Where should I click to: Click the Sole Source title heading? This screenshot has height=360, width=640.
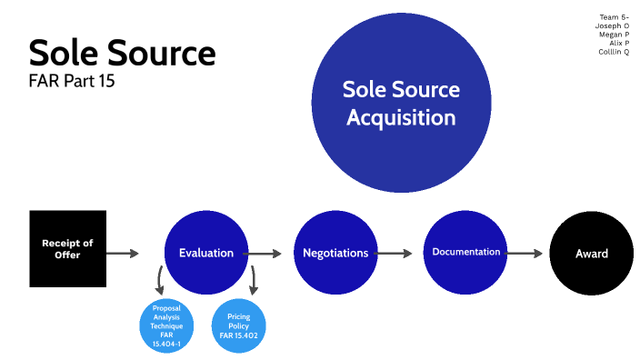point(122,53)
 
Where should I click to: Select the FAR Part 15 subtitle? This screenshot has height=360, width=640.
point(72,80)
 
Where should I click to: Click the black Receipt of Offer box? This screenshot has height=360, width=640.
point(68,249)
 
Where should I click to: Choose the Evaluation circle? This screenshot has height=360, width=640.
point(206,253)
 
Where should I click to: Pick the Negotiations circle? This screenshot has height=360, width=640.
point(335,253)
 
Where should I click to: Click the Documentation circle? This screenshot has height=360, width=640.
point(465,252)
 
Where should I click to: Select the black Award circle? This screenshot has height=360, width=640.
point(591,254)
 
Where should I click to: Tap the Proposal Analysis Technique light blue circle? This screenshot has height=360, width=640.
point(167,325)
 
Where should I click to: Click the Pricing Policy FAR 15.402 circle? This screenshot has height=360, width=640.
point(239,325)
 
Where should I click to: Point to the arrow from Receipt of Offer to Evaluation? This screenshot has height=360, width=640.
point(123,254)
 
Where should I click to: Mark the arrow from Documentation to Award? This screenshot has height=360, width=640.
point(526,254)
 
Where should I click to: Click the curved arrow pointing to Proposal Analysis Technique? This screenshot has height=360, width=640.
point(160,279)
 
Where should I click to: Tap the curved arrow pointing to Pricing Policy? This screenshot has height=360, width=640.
point(254,279)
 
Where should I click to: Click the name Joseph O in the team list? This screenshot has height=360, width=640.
point(613,26)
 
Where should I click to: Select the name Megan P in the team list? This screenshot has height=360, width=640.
point(614,35)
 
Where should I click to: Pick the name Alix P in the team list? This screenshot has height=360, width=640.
point(618,43)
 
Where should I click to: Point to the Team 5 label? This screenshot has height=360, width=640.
point(614,17)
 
